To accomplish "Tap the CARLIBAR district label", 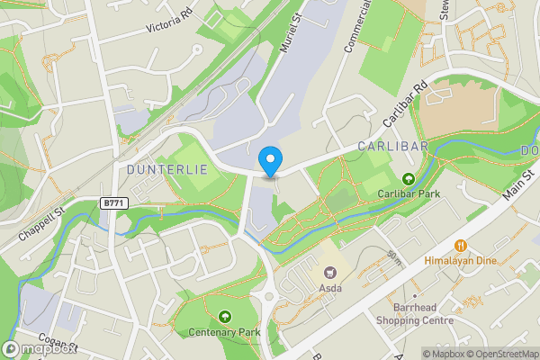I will (390, 146).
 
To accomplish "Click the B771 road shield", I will (113, 204).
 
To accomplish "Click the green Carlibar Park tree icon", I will (408, 178).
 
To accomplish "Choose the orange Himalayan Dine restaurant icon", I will (461, 245).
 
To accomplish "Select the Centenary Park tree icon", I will (223, 317).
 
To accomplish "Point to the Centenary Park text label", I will (223, 332).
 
